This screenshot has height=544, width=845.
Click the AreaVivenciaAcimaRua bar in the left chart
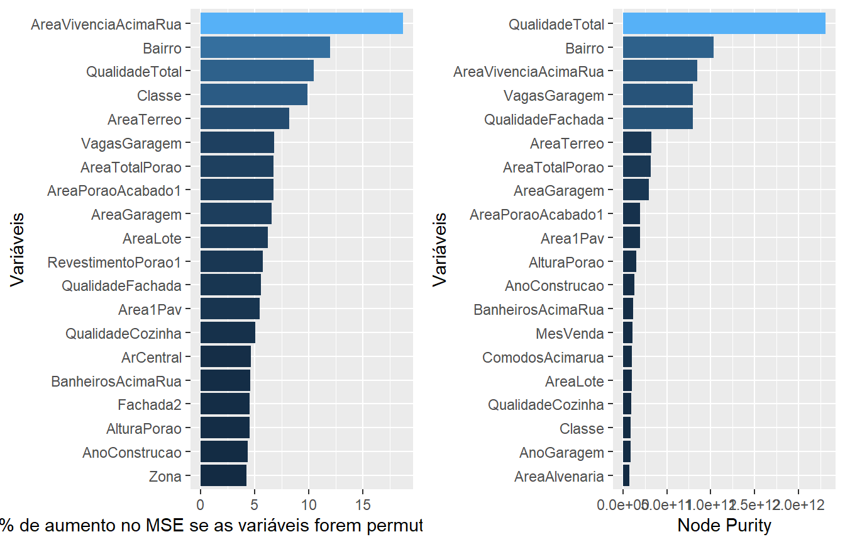click(x=301, y=24)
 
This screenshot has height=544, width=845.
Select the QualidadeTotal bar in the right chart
click(x=724, y=24)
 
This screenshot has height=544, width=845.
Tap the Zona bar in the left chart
click(x=223, y=476)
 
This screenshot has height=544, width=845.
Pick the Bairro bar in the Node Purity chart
click(x=668, y=48)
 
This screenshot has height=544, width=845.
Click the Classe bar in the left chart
click(x=253, y=95)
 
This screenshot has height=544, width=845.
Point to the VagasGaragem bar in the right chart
click(x=658, y=95)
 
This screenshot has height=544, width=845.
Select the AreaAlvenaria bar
click(x=626, y=476)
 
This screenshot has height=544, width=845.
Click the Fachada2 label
click(x=149, y=405)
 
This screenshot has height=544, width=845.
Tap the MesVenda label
click(x=570, y=334)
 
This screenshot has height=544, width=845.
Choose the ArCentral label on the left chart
click(x=151, y=358)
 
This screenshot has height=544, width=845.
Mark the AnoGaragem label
click(x=561, y=453)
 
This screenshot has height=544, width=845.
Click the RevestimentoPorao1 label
click(x=114, y=262)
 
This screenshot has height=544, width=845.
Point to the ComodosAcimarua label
click(x=543, y=358)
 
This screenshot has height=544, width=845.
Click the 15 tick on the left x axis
click(x=362, y=504)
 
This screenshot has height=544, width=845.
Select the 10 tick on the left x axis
click(x=308, y=504)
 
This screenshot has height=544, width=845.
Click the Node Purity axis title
click(x=724, y=525)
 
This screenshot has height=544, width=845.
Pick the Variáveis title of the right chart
click(x=440, y=249)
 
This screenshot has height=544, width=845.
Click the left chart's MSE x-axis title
click(x=211, y=525)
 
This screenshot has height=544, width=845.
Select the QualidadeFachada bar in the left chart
click(x=230, y=286)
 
